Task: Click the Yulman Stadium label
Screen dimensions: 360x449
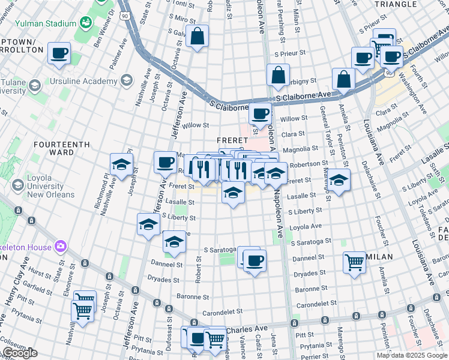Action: point(46,24)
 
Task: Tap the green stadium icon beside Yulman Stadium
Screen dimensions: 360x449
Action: point(86,23)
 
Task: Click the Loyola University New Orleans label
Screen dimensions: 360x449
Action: point(50,190)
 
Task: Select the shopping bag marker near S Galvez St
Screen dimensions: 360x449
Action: point(197,37)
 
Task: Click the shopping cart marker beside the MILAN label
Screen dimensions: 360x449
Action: point(354,262)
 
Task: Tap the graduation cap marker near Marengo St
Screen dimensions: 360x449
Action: point(339,179)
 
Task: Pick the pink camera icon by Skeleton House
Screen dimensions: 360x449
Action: point(60,246)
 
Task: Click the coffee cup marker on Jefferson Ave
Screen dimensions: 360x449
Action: point(165,162)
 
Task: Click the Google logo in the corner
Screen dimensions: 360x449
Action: point(19,353)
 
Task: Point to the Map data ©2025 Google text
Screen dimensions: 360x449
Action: point(411,355)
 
